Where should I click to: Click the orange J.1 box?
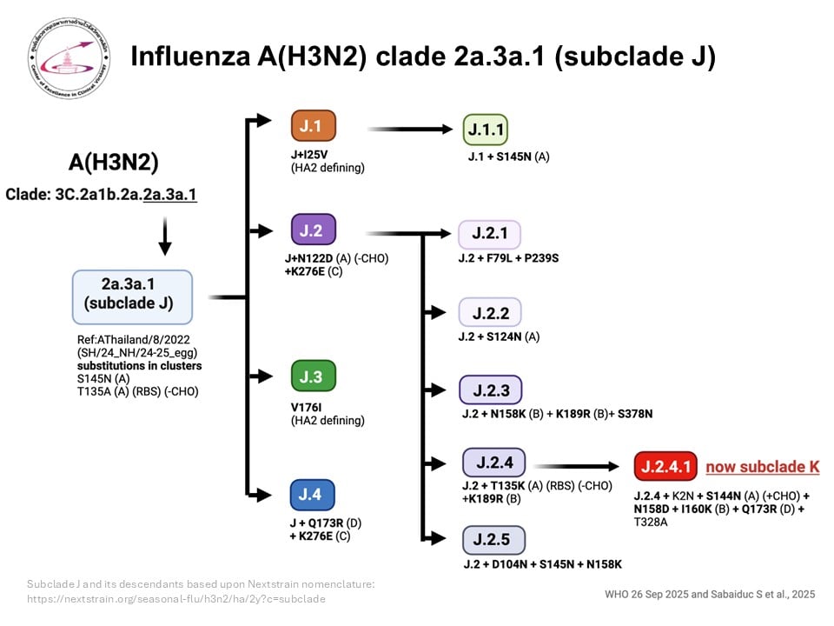312,126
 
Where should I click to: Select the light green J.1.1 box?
485,130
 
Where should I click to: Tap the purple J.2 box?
312,230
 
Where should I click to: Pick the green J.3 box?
312,376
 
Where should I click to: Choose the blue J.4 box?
312,495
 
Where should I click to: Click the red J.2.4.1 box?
665,467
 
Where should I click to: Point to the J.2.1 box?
490,235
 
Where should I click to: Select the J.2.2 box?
490,313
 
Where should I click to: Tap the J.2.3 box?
490,389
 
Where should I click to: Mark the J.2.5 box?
493,540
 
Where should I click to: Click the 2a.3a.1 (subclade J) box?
131,296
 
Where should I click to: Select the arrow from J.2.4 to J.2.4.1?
582,466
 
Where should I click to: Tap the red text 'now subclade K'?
762,467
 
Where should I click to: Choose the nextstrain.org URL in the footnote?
176,599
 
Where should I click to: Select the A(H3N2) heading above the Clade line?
114,163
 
